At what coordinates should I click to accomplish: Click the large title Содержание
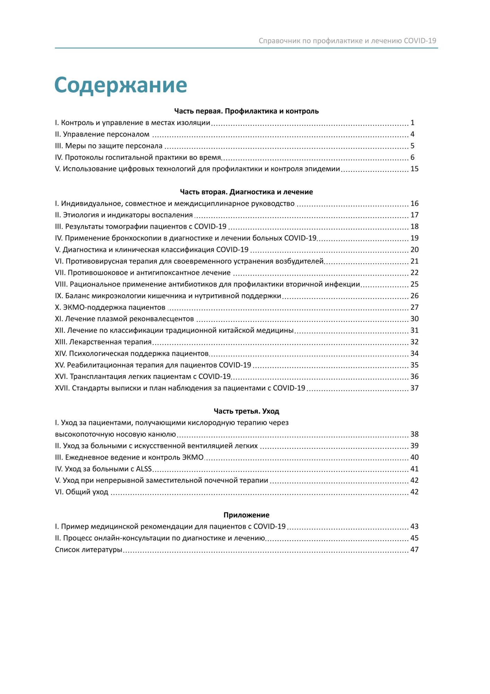121,85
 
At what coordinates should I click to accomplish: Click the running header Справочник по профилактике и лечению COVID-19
347,41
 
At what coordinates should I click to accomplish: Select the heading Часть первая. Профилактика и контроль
246,111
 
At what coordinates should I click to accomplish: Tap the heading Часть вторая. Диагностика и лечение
246,192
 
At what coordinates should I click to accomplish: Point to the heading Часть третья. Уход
246,411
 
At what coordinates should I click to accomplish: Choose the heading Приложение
246,515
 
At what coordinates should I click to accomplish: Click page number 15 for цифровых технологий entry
414,169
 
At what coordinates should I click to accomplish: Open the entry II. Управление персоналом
102,134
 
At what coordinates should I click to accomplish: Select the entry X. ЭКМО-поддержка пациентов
110,307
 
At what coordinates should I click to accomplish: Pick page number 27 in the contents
414,307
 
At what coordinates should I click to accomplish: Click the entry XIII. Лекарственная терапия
103,342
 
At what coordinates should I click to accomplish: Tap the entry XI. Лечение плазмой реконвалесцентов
124,319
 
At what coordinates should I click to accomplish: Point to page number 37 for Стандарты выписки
414,388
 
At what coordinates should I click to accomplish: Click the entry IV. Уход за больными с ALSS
103,469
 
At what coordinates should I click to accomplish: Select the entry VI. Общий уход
81,492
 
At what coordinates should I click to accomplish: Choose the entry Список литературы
88,550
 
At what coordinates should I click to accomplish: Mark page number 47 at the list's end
414,550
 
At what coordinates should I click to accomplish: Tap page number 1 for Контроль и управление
412,122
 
